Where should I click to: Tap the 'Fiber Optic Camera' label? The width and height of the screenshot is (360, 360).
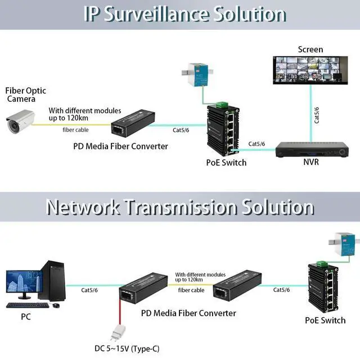click(x=25, y=94)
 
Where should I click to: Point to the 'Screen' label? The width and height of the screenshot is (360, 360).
click(x=310, y=49)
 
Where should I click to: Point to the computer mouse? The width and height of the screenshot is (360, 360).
click(x=56, y=305)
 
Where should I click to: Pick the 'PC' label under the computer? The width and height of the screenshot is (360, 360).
click(x=26, y=317)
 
